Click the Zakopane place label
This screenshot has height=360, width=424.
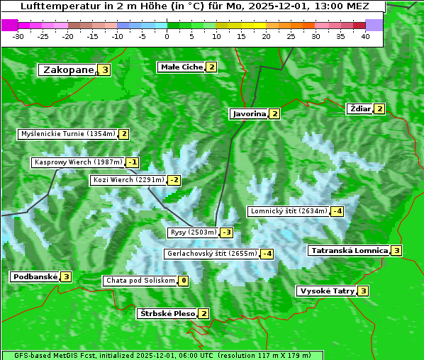(68, 69)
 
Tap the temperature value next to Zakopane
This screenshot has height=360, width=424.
(105, 69)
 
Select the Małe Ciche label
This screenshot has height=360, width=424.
(182, 67)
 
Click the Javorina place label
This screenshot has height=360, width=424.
(248, 113)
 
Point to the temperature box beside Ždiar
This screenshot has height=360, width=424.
(379, 108)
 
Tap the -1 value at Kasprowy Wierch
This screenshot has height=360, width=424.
(133, 162)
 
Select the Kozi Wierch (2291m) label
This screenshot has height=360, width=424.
(128, 180)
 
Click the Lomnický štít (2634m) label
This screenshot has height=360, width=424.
(289, 210)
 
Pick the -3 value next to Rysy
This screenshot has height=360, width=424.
(226, 232)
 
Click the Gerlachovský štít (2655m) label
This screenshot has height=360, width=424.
(211, 253)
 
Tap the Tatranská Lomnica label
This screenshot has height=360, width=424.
(348, 250)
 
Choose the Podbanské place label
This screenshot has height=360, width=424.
(34, 276)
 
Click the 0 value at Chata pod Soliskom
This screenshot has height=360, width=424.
(184, 281)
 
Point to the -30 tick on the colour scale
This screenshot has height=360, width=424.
(18, 36)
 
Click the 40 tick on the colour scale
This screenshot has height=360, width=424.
(365, 36)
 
